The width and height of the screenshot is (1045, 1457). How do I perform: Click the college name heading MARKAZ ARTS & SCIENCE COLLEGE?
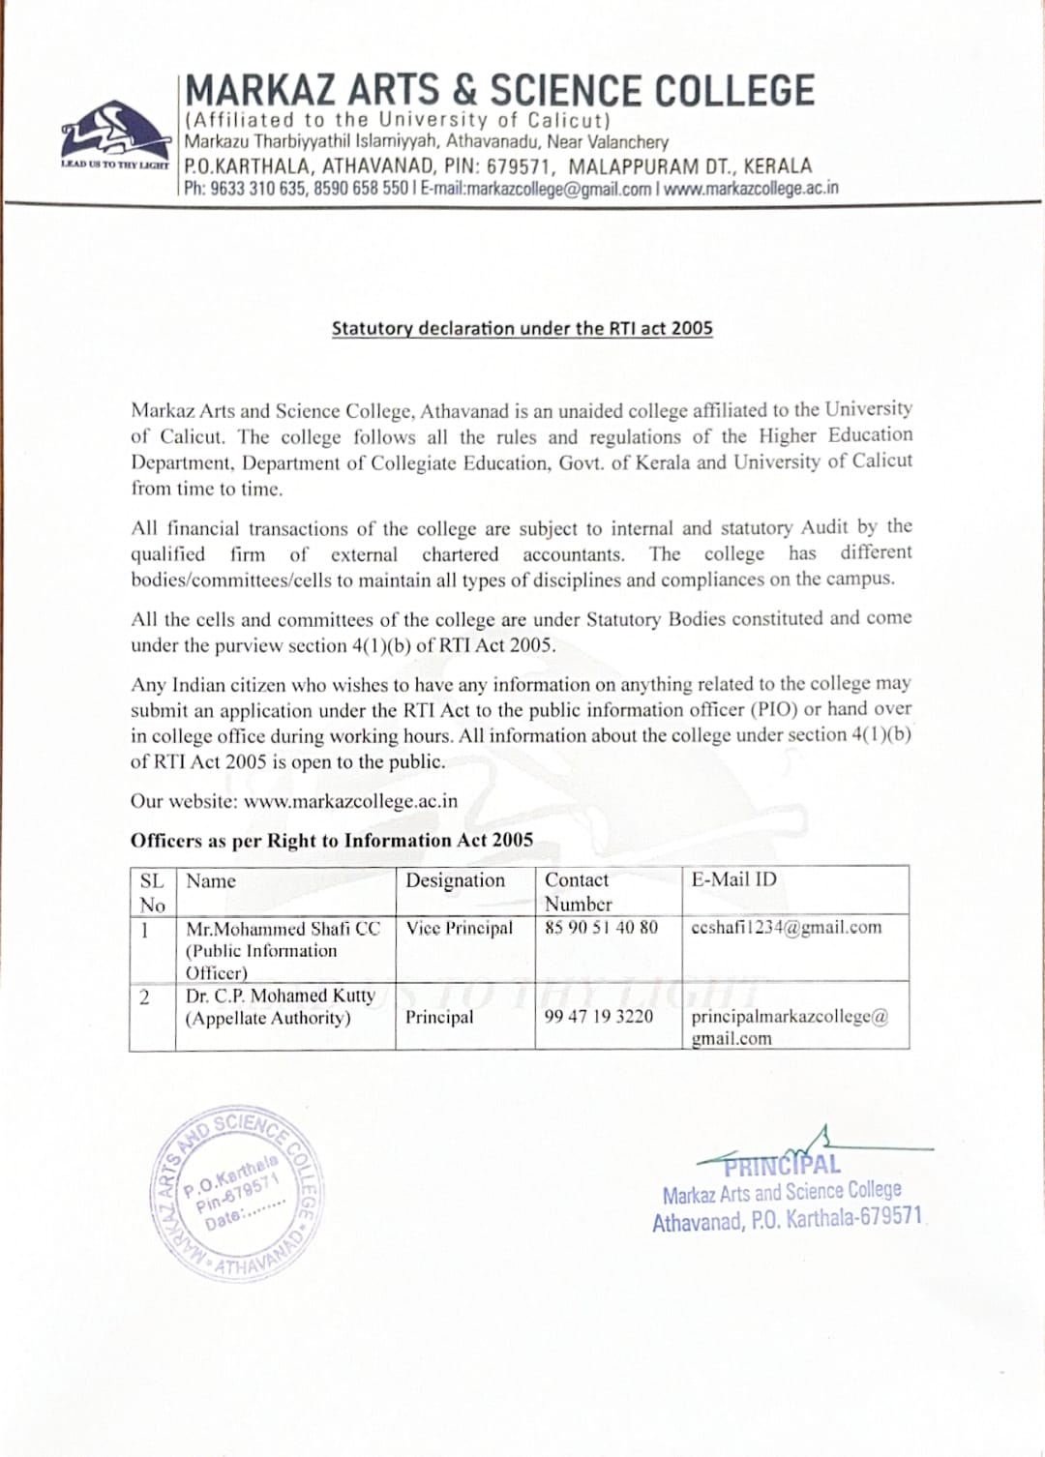point(499,91)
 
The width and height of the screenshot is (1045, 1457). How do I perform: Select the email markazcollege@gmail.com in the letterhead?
point(559,188)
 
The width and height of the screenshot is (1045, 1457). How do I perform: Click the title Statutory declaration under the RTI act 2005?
point(522,328)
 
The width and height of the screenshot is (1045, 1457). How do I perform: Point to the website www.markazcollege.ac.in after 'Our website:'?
point(351,802)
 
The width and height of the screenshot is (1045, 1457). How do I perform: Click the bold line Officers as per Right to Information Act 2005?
point(332,841)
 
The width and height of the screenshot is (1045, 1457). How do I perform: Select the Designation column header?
point(455,880)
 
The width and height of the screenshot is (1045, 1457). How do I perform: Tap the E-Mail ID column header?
point(733,879)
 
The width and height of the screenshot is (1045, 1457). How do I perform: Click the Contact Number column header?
point(578,891)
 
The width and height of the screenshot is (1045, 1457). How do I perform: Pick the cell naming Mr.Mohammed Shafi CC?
point(283,929)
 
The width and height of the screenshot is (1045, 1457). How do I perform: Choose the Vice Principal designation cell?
point(460,928)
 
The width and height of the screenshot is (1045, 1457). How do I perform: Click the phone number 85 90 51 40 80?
point(601,927)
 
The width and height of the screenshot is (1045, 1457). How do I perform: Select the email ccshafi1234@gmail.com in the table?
point(787,927)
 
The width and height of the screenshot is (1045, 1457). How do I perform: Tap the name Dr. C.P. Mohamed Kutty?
point(281,996)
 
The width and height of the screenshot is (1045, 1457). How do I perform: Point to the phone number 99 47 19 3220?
point(598,1016)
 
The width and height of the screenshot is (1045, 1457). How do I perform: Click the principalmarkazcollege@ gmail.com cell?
point(790,1026)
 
